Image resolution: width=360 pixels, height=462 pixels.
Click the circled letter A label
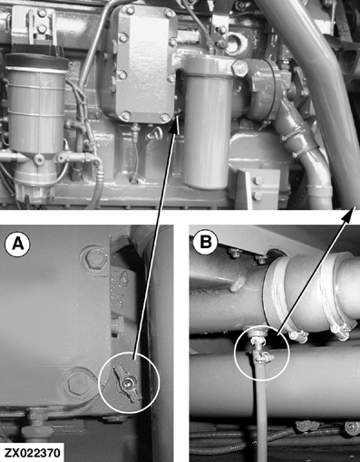click(x=17, y=245)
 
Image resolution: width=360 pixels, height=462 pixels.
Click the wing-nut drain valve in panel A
click(x=127, y=384)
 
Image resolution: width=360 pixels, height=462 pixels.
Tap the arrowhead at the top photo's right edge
click(x=349, y=214)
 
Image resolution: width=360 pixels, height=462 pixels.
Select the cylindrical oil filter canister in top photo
click(x=208, y=121)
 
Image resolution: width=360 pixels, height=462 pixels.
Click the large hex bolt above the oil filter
click(x=240, y=68)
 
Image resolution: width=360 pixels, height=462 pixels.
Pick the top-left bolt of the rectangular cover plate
click(x=130, y=11)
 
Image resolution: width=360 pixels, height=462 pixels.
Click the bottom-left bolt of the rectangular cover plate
click(x=125, y=115)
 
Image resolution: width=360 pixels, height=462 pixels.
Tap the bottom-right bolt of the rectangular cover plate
click(x=164, y=118)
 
